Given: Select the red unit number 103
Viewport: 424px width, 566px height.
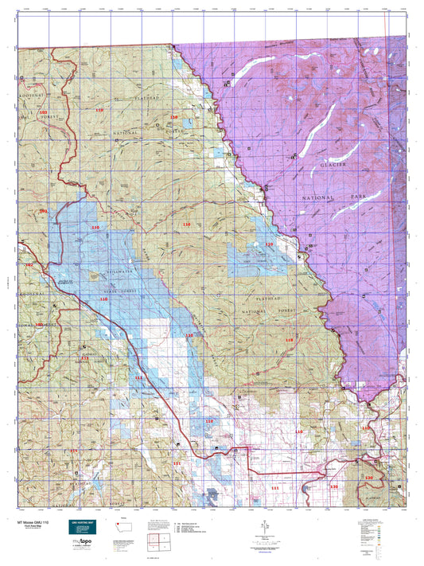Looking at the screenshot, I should pos(43,114).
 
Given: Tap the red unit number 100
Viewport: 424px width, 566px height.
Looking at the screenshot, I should pos(38,325).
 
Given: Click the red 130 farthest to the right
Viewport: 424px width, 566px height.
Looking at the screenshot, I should pos(368,476).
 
